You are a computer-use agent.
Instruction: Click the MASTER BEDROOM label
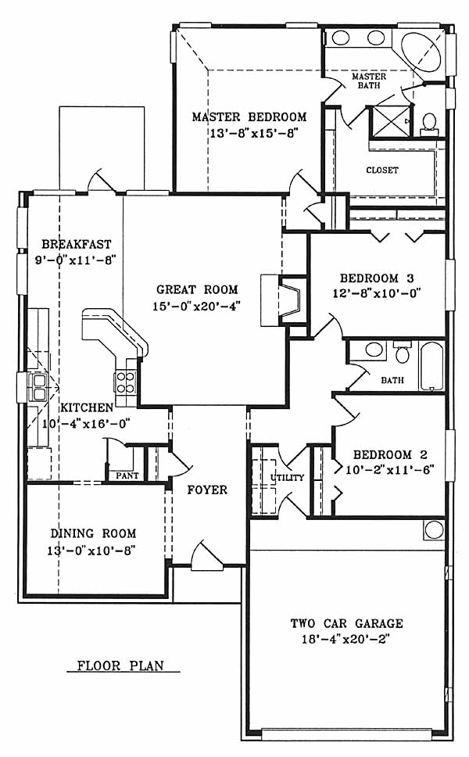[249, 117]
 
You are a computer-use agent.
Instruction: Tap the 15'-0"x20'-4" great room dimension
[196, 306]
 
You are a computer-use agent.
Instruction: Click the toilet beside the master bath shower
[429, 124]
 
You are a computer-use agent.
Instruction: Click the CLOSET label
[382, 170]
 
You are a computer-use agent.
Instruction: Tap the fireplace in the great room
[284, 300]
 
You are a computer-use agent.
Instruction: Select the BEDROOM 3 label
[377, 278]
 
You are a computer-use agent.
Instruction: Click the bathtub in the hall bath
[431, 367]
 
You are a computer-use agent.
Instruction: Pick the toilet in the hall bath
[402, 353]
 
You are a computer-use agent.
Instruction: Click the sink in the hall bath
[373, 349]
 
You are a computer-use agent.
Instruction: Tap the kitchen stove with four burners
[126, 382]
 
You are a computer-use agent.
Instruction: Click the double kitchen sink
[38, 388]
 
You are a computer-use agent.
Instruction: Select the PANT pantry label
[127, 475]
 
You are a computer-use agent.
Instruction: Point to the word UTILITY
[287, 478]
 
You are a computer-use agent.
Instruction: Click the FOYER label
[207, 490]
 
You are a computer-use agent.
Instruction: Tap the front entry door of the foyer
[207, 554]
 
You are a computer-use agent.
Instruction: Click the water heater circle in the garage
[434, 529]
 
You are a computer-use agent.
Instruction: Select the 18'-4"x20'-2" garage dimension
[346, 639]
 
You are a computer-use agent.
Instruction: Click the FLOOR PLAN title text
[120, 666]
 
